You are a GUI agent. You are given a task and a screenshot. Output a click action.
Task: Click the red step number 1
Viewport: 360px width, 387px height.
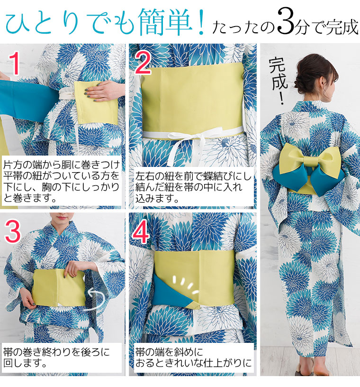click(15, 63)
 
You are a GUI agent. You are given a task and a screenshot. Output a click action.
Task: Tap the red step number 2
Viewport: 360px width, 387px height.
click(143, 63)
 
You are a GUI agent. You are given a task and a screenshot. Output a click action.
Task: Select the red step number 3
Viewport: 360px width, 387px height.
click(13, 231)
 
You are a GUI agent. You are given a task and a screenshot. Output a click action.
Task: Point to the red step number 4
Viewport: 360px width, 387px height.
click(141, 232)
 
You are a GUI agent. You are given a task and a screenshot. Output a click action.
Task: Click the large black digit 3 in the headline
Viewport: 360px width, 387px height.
click(286, 22)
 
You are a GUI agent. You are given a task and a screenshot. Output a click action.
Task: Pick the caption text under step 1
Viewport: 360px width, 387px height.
click(62, 181)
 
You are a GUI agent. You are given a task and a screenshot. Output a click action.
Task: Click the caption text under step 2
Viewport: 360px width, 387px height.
click(193, 187)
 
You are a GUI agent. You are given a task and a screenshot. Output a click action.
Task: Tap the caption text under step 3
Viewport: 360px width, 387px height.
click(56, 358)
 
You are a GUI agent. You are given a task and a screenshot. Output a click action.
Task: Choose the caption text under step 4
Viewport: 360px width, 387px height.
click(193, 358)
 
